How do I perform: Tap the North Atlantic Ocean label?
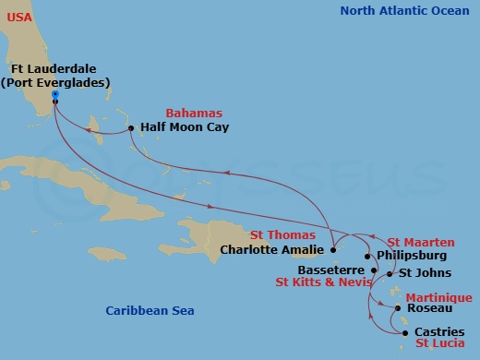point(404,11)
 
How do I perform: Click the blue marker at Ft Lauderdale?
point(55,94)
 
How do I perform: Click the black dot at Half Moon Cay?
point(131,127)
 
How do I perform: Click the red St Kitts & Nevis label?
point(323,282)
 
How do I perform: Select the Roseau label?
point(429,308)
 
